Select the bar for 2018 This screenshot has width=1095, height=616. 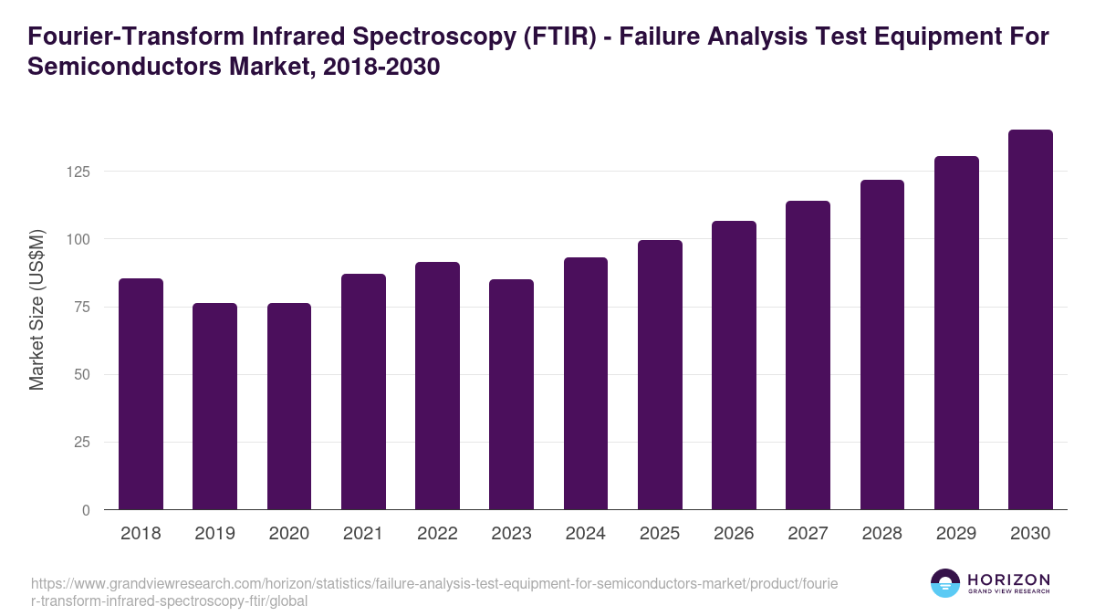coord(141,394)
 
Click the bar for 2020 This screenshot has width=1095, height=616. coord(289,406)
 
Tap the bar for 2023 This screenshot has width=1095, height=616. coord(511,394)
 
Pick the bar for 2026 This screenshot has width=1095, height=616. coord(734,365)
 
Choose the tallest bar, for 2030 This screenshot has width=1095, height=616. coord(1030,319)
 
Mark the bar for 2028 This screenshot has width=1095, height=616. coord(881,345)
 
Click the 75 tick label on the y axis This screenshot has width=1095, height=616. coord(82,308)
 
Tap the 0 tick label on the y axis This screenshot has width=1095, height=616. coord(87,511)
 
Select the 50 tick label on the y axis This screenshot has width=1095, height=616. coord(82,375)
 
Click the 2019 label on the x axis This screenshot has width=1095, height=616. coord(214,534)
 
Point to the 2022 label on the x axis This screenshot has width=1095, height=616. coord(437,534)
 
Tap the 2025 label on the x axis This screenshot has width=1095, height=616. coord(660,534)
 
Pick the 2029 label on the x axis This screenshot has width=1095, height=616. coord(956,534)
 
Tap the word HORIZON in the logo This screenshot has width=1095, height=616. coord(1009,579)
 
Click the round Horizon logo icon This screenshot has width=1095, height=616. coord(945,583)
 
